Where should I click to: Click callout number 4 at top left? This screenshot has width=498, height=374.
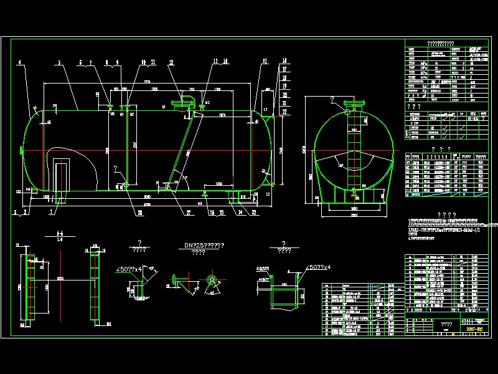point(19,62)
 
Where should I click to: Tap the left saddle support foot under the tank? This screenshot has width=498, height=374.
point(60,198)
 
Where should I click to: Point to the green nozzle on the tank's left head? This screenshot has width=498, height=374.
point(22,150)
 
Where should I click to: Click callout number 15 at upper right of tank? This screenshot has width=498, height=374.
point(265,61)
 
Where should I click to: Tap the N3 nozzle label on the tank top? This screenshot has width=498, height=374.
point(208,102)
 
